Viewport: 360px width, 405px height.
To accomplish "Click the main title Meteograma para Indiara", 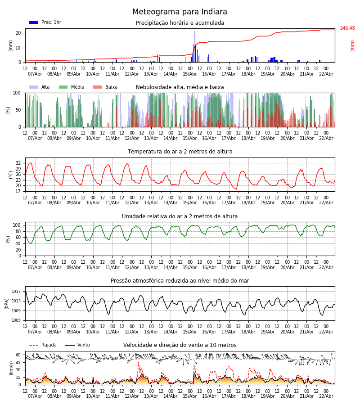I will [x=180, y=12].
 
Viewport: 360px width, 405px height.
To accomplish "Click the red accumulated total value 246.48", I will [x=347, y=28].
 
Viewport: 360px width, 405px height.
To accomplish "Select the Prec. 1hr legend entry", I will [x=45, y=22].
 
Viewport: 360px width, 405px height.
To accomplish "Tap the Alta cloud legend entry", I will [x=40, y=87].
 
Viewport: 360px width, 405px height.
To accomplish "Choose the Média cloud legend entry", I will [x=72, y=87].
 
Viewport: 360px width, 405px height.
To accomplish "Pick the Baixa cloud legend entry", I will [x=106, y=87].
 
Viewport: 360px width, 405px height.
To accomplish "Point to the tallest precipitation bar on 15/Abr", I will [x=194, y=31].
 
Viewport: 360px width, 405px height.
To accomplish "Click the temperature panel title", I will [x=180, y=152].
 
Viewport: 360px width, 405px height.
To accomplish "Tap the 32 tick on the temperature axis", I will [x=18, y=163].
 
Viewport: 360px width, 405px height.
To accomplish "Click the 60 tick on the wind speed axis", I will [x=18, y=355].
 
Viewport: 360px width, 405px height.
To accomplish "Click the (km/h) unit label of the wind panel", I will [x=11, y=368].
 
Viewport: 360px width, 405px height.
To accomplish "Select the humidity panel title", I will [x=180, y=216].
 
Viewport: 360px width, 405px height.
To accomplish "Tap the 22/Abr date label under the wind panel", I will [x=325, y=396].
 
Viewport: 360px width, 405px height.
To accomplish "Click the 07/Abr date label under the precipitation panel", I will [x=35, y=74].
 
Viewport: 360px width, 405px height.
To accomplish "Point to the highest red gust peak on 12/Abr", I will [x=138, y=362].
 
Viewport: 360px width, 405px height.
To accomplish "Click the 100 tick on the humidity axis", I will [x=17, y=225].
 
